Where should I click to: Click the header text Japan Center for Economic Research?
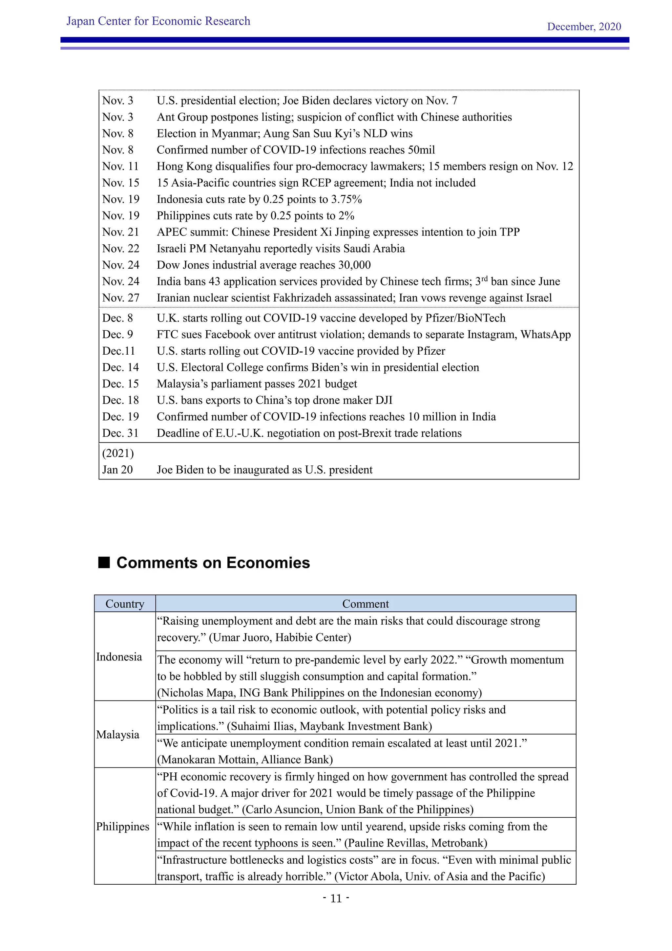[158, 21]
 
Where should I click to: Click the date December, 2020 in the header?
[583, 27]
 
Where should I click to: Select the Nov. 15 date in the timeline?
[120, 183]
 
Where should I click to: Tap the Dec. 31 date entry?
[120, 433]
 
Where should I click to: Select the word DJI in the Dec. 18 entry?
[384, 400]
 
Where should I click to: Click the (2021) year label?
[118, 453]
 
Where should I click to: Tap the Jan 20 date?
[117, 470]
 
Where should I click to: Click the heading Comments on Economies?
[213, 563]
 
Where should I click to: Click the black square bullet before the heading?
[104, 563]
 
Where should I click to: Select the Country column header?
[125, 604]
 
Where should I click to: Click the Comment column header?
[366, 604]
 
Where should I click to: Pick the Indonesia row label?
[119, 657]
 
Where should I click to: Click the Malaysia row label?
[117, 734]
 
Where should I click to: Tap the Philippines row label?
[122, 826]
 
